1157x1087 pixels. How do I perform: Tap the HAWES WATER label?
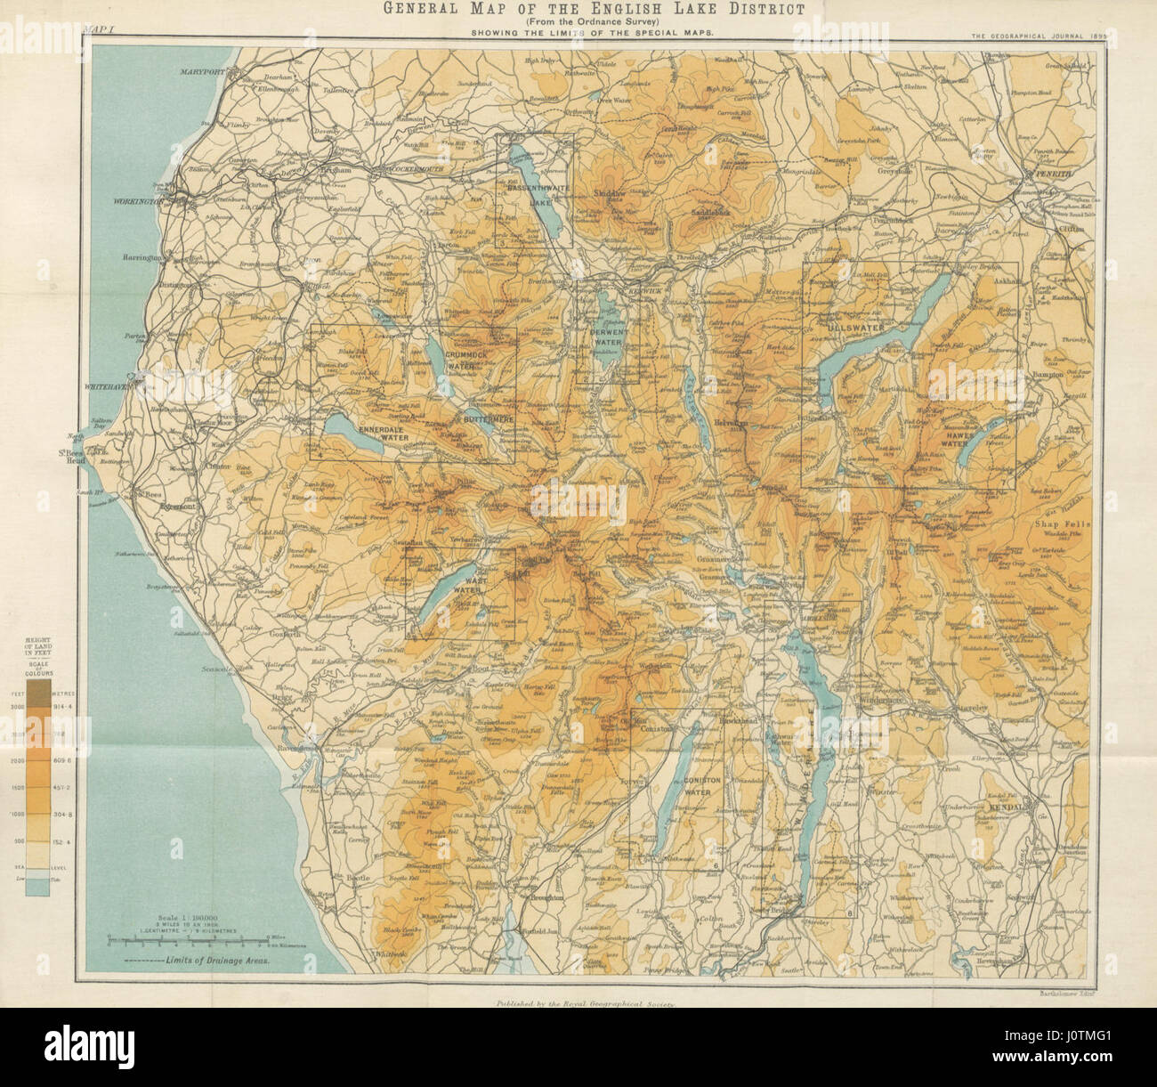tap(955, 435)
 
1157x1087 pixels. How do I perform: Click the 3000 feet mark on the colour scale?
tap(37, 704)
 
